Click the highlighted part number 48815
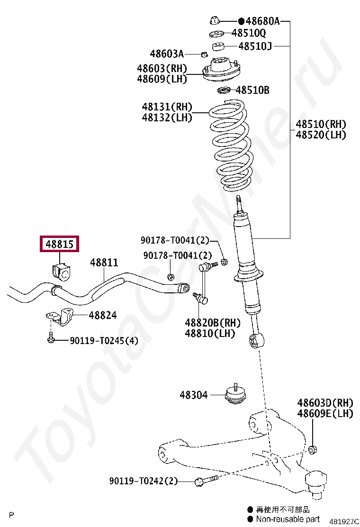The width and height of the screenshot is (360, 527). click(x=59, y=245)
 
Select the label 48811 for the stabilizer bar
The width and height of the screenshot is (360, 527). click(x=104, y=263)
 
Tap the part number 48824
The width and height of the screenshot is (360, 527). click(x=103, y=315)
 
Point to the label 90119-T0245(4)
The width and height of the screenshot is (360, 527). click(x=104, y=341)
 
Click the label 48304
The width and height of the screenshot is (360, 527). click(x=193, y=394)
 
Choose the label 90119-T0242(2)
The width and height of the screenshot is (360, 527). click(x=143, y=481)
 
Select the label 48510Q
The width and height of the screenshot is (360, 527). click(x=249, y=33)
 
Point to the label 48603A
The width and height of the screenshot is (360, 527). click(x=167, y=54)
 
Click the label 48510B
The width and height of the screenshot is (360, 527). click(x=252, y=90)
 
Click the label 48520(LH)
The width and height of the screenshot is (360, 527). click(x=321, y=135)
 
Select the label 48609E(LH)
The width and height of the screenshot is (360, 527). click(x=325, y=414)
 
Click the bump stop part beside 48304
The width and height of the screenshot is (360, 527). click(x=235, y=394)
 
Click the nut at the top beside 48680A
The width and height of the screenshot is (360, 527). click(x=214, y=20)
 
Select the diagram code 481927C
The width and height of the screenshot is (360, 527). click(x=344, y=521)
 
